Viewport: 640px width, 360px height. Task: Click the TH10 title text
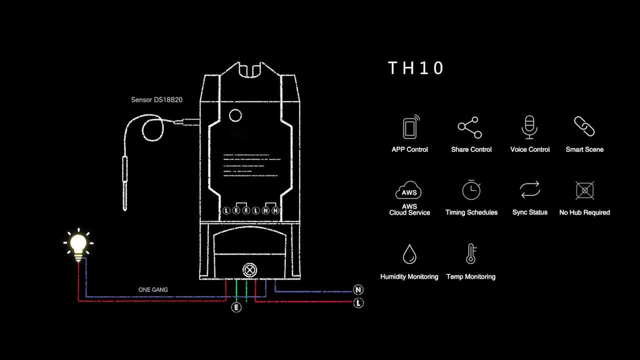(x=416, y=68)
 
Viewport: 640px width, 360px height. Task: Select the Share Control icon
(x=470, y=127)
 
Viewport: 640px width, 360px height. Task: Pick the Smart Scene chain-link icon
(x=584, y=126)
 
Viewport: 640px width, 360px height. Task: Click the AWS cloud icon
(x=409, y=191)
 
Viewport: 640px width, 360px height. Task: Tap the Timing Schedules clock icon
(x=471, y=190)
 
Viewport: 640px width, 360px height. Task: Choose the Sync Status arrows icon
(x=529, y=190)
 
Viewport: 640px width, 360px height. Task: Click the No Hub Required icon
(x=584, y=190)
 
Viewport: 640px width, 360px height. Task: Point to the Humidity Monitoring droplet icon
(x=409, y=254)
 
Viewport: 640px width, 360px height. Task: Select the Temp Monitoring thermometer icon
(x=470, y=254)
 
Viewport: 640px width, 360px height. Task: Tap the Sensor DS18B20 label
(x=156, y=100)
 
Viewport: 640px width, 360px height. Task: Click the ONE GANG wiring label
(x=153, y=290)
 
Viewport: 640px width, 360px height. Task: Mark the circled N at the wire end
(x=358, y=290)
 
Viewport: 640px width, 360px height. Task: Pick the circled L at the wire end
(x=358, y=302)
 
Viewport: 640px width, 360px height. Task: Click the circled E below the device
(x=236, y=307)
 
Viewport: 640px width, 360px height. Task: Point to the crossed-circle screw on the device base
(x=248, y=270)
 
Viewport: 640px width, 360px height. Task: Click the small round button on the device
(x=235, y=116)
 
